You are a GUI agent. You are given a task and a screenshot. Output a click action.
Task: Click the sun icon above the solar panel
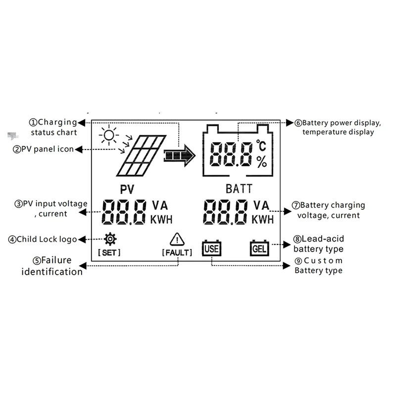(108, 135)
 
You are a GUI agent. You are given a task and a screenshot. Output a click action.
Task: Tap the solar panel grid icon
(141, 156)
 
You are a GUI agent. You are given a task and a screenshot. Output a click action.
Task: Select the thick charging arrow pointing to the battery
(179, 155)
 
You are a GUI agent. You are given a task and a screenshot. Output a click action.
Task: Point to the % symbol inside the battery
(261, 161)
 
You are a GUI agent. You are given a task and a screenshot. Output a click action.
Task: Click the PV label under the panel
(128, 189)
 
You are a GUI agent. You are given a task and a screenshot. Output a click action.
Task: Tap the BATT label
(239, 189)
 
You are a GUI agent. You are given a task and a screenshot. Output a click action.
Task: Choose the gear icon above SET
(110, 240)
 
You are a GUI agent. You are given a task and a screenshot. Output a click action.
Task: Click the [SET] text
(109, 252)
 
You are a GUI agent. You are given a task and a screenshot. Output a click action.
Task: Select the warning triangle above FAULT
(177, 240)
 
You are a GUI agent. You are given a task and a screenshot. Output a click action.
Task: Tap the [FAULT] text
(177, 253)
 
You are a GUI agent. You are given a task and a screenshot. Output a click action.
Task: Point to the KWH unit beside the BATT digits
(262, 219)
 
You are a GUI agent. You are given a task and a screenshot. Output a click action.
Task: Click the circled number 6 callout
(298, 123)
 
